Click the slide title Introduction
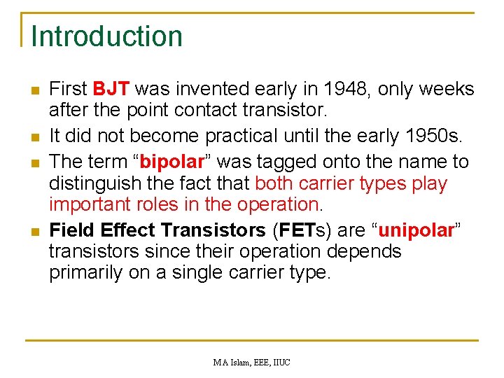tap(106, 36)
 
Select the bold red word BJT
tap(111, 90)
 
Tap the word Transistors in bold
tap(212, 230)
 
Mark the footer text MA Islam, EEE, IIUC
tap(251, 362)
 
